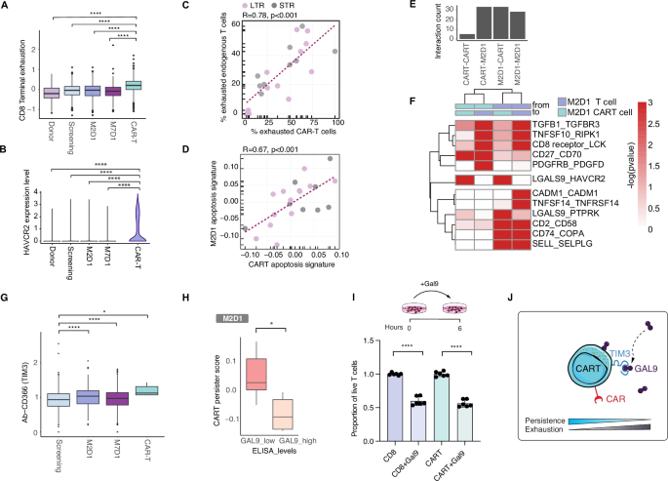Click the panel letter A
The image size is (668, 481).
[x=6, y=8]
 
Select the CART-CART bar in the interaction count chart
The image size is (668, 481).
[x=441, y=37]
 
